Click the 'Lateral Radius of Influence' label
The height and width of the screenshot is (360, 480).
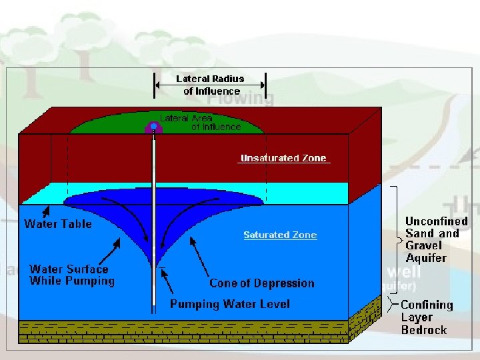210,85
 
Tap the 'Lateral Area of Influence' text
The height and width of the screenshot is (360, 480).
199,122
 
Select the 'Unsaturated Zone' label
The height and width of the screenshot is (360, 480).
283,158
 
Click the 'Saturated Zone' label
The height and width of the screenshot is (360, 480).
280,235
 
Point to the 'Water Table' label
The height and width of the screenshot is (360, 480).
58,223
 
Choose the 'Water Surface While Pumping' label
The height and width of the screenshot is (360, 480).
71,275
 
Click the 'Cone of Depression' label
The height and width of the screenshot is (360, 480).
261,283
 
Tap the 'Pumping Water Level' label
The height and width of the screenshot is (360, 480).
230,304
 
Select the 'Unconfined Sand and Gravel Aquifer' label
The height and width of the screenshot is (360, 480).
436,239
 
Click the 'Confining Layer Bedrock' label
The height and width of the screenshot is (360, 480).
427,317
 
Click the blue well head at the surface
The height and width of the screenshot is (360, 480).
153,127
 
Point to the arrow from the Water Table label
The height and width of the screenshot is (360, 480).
45,213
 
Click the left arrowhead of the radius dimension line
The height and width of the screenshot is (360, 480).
158,85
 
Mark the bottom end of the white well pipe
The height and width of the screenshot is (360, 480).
154,310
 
